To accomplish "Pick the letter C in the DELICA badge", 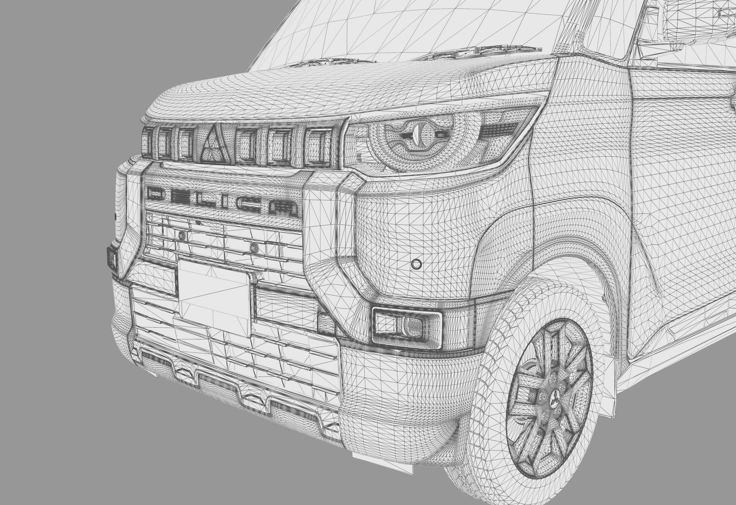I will [252, 206].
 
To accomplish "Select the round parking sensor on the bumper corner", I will [416, 264].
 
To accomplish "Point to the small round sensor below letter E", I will [183, 235].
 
